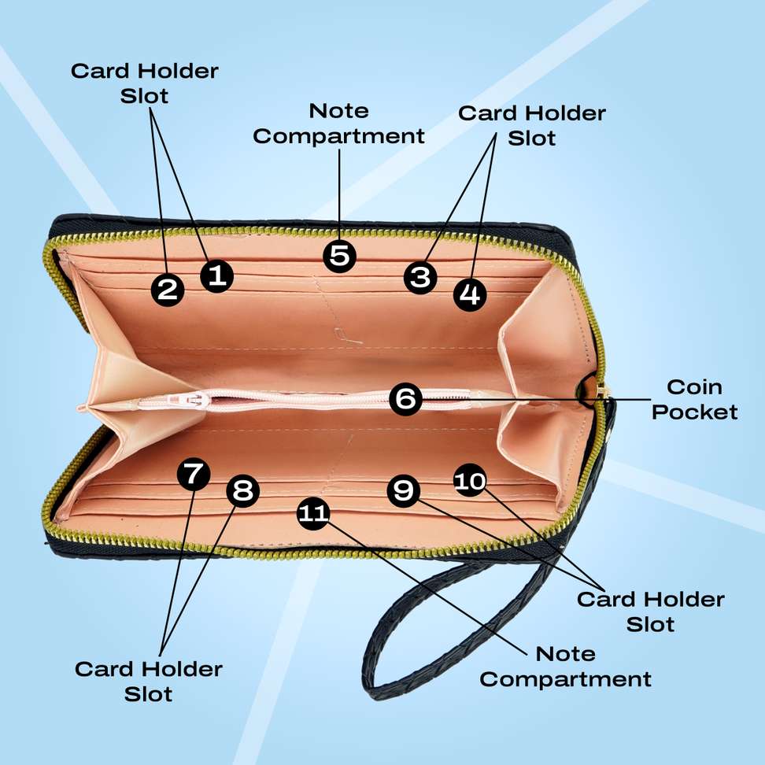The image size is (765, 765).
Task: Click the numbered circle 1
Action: [217, 276]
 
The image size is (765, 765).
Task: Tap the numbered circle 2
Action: [168, 290]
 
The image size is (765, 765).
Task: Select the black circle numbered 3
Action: [420, 278]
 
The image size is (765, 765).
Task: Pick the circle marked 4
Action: [470, 294]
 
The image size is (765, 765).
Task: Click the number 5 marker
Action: [339, 256]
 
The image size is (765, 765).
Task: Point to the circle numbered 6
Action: [405, 399]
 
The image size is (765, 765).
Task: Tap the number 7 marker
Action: [194, 474]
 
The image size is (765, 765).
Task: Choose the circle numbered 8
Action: [243, 490]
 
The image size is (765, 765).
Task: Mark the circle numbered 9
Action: [404, 490]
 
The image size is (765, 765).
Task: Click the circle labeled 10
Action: [470, 480]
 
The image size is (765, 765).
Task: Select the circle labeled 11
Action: [313, 513]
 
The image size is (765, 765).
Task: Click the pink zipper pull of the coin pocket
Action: [188, 400]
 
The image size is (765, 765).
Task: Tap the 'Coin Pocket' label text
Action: [694, 400]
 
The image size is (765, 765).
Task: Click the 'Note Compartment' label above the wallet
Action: [338, 124]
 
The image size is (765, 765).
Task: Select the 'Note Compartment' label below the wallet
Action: [565, 667]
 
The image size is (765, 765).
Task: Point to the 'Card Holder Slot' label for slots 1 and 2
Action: [144, 83]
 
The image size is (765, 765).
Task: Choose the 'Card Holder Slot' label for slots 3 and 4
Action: [532, 125]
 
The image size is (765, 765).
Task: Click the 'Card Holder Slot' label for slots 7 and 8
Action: [148, 681]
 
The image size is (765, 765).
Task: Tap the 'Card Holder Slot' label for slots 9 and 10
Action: [650, 612]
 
